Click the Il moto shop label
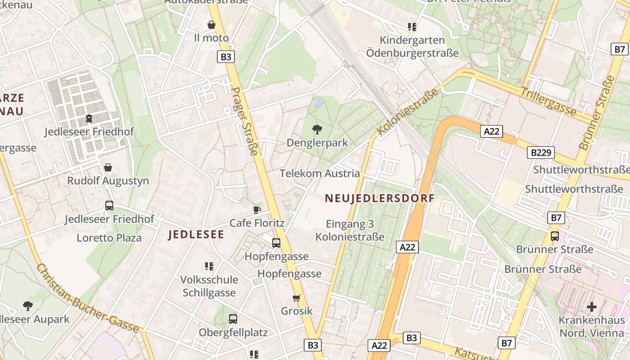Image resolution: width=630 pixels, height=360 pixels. [x=211, y=38]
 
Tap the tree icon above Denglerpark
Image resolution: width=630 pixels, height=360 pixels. [x=317, y=130]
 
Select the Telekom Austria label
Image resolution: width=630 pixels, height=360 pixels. [x=319, y=173]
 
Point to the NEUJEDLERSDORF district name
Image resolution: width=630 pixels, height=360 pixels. [x=380, y=198]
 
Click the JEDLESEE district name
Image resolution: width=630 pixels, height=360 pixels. [x=196, y=234]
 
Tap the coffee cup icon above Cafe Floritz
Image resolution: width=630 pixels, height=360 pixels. [x=256, y=210]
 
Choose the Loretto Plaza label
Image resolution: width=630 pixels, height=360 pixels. [x=109, y=238]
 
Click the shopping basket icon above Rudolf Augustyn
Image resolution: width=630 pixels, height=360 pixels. [x=108, y=167]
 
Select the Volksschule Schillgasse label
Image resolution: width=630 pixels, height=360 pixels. [x=209, y=286]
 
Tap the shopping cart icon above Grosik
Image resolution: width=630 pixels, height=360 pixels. [x=296, y=298]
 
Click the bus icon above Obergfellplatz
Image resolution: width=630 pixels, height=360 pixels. [x=233, y=319]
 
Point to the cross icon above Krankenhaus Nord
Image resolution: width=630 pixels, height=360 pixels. [x=592, y=307]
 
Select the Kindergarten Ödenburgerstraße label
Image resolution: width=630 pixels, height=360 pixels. [x=412, y=47]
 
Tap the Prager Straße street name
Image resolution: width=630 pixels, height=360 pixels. [x=246, y=121]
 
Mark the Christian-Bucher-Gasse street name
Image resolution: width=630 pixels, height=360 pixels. [x=87, y=298]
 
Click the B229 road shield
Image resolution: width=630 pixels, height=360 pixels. [x=541, y=153]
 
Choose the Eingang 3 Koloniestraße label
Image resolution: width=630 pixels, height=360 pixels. [x=350, y=230]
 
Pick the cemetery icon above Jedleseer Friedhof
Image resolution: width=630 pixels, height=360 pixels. [x=89, y=118]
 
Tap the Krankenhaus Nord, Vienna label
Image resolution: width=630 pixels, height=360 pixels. [x=592, y=327]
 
